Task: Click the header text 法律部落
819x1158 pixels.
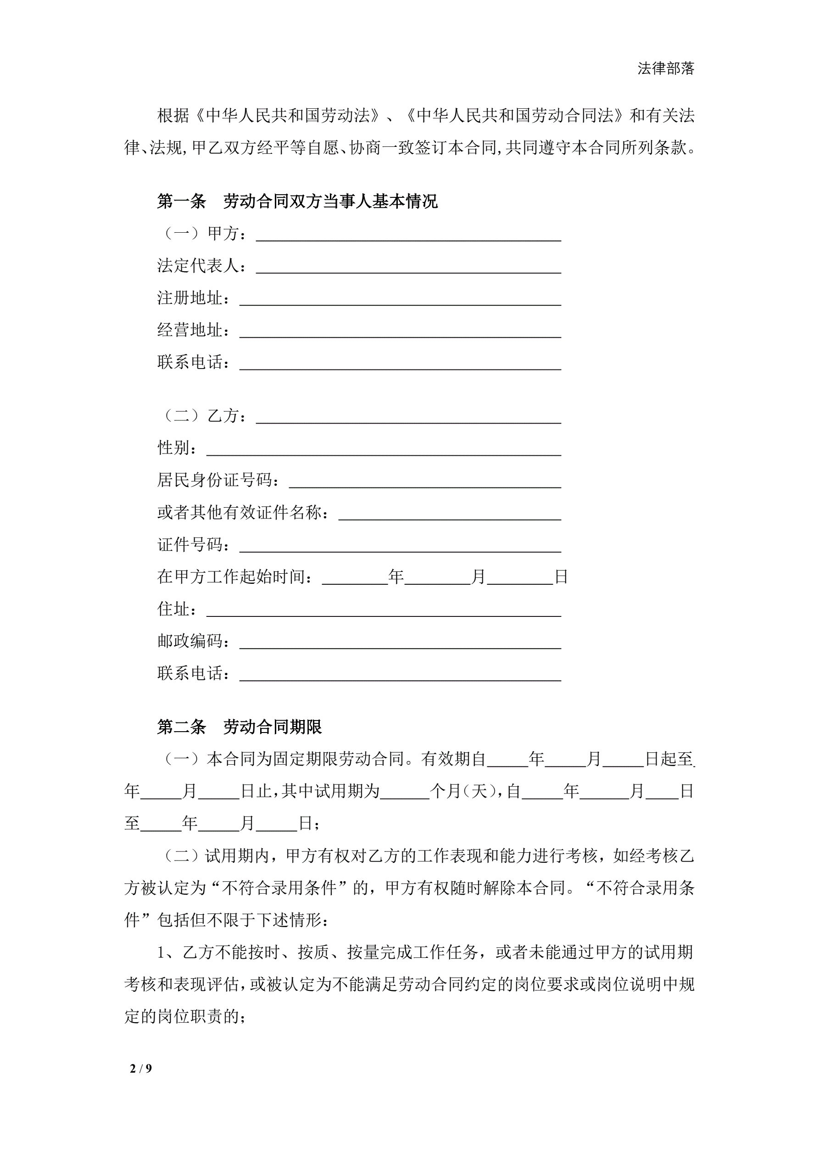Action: click(x=666, y=68)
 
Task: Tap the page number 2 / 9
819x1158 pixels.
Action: click(x=141, y=1068)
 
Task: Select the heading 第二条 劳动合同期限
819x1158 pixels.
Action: click(x=239, y=727)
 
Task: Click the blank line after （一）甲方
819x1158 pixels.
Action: click(x=408, y=235)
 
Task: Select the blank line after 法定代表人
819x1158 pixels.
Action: click(x=408, y=267)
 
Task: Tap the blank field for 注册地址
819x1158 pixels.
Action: click(x=400, y=299)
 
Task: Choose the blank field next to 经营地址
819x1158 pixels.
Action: click(x=400, y=331)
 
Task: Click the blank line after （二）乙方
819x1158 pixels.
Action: click(x=408, y=417)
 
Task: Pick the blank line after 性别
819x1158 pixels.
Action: click(x=384, y=449)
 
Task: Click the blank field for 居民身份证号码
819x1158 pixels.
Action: click(x=424, y=481)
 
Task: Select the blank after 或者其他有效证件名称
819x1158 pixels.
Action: click(x=449, y=514)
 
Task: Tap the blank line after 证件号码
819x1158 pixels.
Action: click(x=400, y=546)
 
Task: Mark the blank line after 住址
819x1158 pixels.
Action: click(x=384, y=610)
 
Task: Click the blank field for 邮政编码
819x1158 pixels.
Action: click(x=400, y=643)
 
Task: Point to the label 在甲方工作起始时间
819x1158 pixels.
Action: click(x=235, y=577)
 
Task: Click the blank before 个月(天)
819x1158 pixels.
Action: click(x=405, y=792)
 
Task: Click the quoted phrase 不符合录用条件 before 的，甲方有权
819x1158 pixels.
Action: click(x=279, y=888)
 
